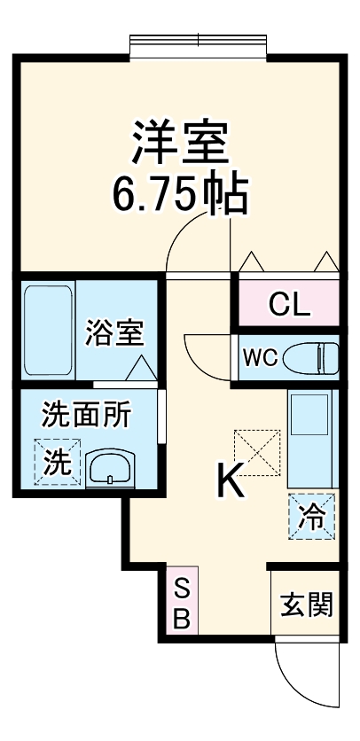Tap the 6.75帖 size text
(179, 196)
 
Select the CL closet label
(289, 306)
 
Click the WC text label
(262, 357)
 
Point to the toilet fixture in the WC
(313, 357)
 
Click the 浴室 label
(114, 334)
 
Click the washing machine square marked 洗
(56, 463)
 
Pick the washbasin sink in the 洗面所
(109, 466)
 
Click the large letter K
(231, 483)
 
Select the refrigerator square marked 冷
(312, 516)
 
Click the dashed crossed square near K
(256, 451)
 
